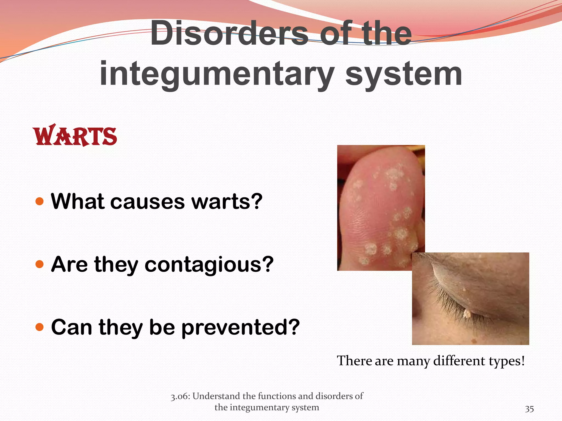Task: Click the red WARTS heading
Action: pos(75,136)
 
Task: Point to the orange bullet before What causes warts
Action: pos(40,201)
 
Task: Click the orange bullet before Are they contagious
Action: pos(40,264)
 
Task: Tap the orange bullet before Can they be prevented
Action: pos(40,327)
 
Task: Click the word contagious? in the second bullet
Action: pos(209,265)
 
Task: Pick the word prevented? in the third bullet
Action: pos(240,327)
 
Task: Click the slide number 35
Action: pos(529,409)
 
